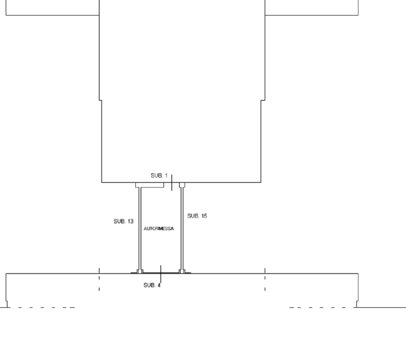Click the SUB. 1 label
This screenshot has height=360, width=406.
(x=159, y=176)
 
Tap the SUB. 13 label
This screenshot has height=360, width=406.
(x=124, y=221)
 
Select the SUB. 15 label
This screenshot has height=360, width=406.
(x=197, y=216)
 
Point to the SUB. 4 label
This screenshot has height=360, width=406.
(x=152, y=285)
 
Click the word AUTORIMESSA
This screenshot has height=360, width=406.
(x=159, y=229)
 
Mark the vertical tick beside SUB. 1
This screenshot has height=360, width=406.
(x=172, y=182)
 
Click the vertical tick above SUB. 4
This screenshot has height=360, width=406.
(x=161, y=274)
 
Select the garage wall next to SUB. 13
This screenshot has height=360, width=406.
(x=140, y=228)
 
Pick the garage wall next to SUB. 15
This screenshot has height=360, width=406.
(x=182, y=228)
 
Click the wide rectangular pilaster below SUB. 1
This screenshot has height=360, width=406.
(x=150, y=185)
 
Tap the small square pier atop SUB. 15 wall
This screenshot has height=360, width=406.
(x=182, y=185)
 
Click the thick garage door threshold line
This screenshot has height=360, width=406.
(x=161, y=273)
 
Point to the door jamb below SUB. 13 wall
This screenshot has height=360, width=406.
(x=140, y=271)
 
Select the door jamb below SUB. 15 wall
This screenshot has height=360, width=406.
(x=182, y=271)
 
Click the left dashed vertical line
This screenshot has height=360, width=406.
(x=99, y=280)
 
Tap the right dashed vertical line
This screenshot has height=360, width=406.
(x=265, y=280)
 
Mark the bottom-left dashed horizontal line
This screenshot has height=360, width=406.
(x=47, y=308)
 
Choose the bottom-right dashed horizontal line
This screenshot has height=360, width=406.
(x=321, y=308)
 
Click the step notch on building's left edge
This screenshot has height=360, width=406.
(x=100, y=100)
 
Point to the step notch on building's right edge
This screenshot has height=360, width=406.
(x=263, y=100)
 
